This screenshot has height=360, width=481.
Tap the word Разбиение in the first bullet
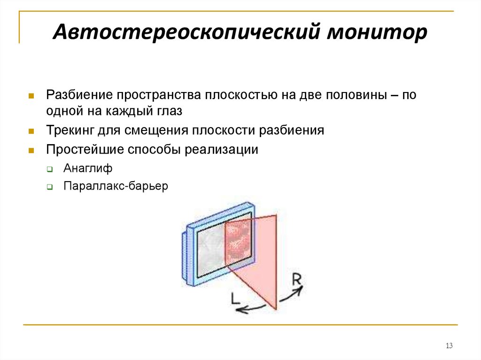pos(78,95)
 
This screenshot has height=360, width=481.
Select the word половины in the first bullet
pos(351,95)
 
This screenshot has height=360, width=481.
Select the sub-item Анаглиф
pos(88,168)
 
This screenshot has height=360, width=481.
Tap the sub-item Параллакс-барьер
pos(116,186)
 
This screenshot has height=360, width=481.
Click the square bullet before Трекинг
pos(31,131)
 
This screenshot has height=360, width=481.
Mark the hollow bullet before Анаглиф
pos(49,169)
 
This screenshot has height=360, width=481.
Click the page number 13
pos(449,346)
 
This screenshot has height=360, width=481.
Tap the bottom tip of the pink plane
pos(276,308)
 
